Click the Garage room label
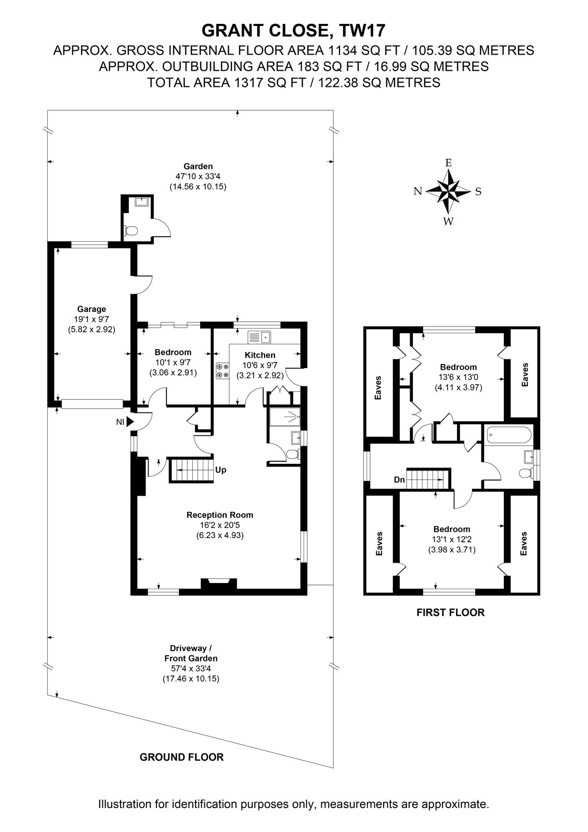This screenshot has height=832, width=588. pos(92,309)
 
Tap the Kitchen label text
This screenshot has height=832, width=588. pos(260,355)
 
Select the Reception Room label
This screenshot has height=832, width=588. pos(220,515)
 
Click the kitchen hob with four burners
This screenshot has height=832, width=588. pos(222,371)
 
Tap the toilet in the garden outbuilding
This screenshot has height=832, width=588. pos(132,231)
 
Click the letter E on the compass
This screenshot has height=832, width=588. pos(448,163)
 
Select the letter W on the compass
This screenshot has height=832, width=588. pos(448,222)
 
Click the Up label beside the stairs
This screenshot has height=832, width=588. pos(220,470)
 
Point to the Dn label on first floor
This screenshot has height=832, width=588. pos(399,480)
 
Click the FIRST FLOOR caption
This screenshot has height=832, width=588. pos(451,613)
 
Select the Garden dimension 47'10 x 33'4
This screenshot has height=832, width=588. pos(198,176)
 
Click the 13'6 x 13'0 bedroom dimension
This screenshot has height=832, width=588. pos(459,378)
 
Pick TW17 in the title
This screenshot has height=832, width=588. pos(362,31)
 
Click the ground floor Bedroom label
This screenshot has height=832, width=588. pos(173,352)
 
